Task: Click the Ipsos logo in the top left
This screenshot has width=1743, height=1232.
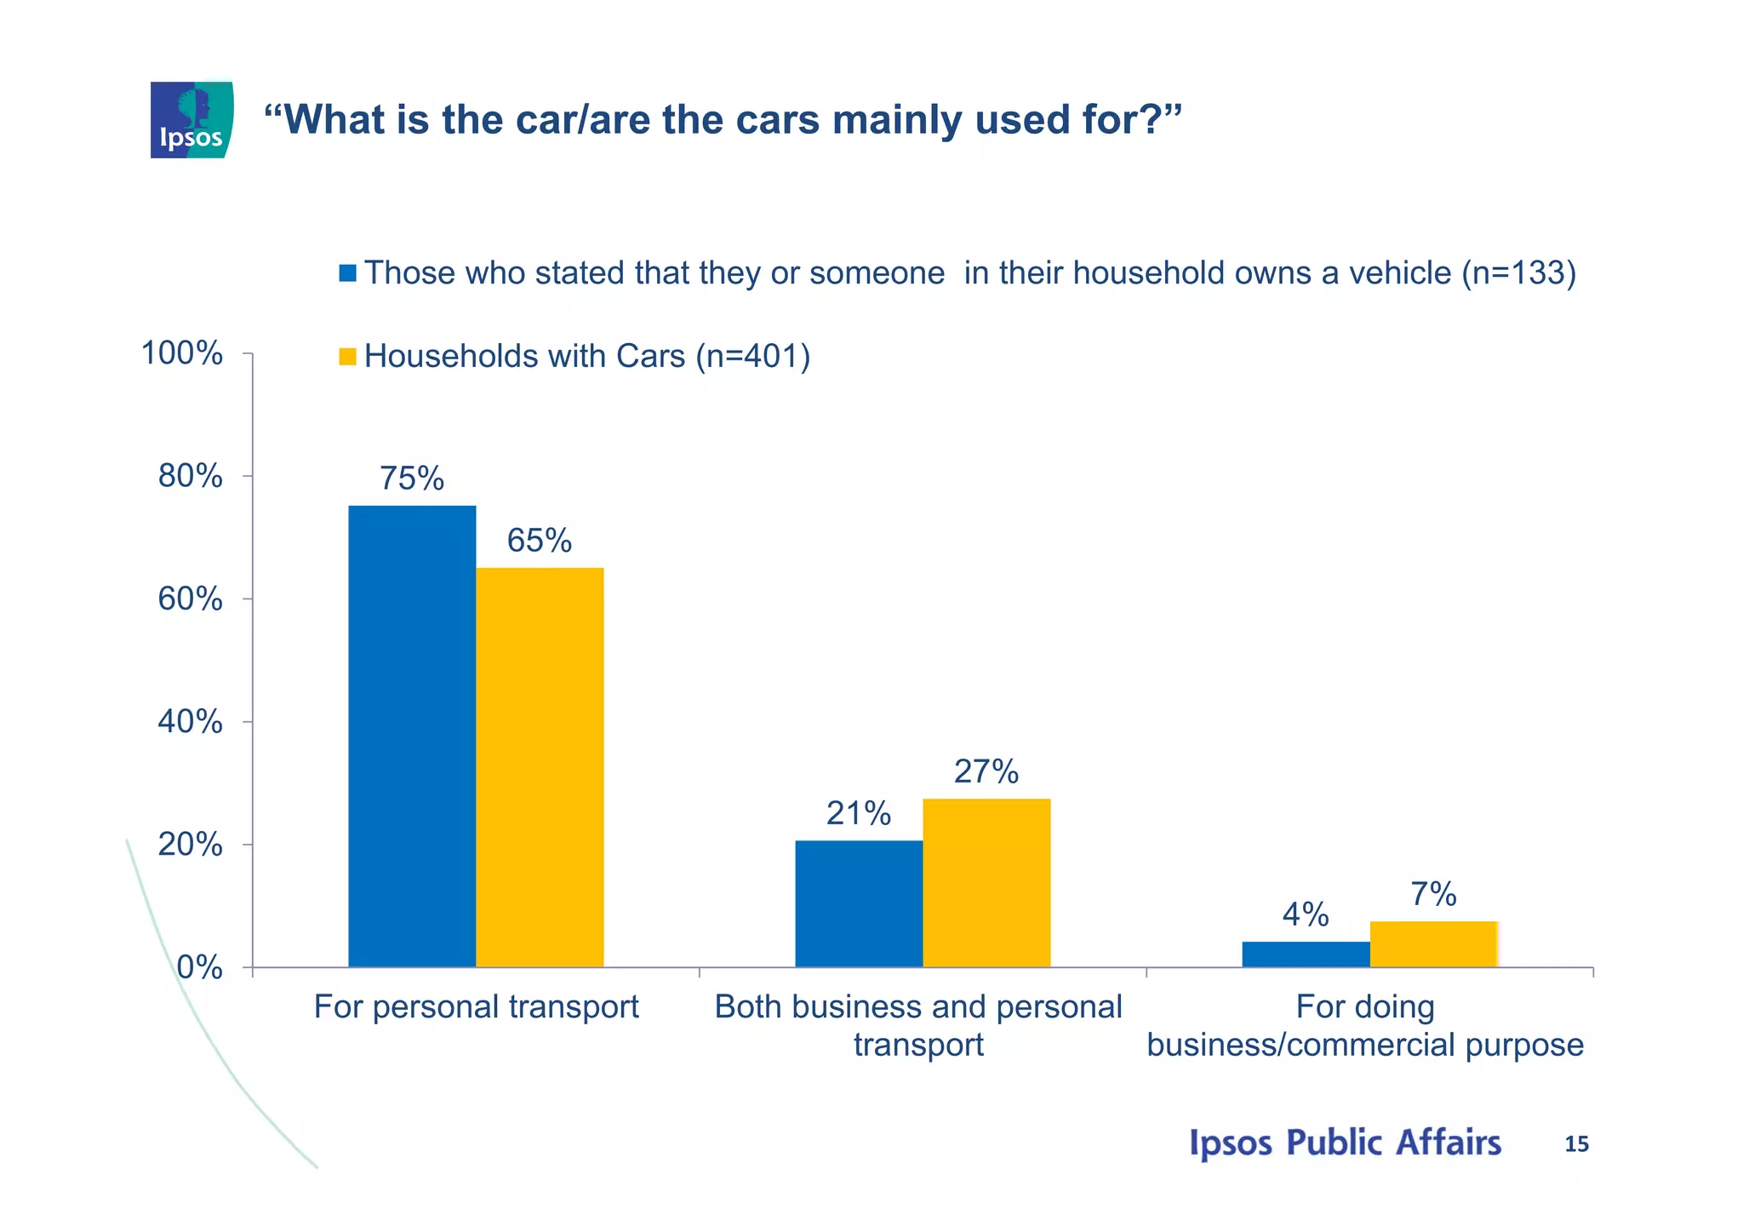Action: (191, 120)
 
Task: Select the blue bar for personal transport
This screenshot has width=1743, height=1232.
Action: (412, 736)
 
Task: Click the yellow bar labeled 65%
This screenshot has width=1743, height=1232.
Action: (540, 766)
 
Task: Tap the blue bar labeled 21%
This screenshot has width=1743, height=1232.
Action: (859, 903)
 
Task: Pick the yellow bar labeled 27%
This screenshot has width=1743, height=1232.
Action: (986, 882)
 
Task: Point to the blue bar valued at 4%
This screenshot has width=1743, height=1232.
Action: (1306, 954)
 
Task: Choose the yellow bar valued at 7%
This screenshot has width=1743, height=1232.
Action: (1433, 944)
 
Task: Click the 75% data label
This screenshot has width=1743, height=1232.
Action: (412, 478)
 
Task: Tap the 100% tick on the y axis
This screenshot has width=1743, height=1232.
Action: (182, 352)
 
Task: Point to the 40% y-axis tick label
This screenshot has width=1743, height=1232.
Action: (191, 722)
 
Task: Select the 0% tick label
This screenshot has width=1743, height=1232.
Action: (200, 968)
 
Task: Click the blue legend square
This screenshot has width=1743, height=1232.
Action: (347, 273)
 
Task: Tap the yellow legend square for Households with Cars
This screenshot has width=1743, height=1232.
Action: (347, 357)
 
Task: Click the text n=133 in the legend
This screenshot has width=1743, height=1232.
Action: (1518, 273)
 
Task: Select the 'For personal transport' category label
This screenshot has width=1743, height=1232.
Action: (476, 1007)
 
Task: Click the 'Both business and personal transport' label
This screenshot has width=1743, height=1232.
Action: (918, 1025)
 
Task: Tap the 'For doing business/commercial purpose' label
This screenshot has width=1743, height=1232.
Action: (1365, 1025)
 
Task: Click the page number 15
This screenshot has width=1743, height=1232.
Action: (1576, 1144)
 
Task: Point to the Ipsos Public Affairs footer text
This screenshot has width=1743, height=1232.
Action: (1345, 1143)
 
